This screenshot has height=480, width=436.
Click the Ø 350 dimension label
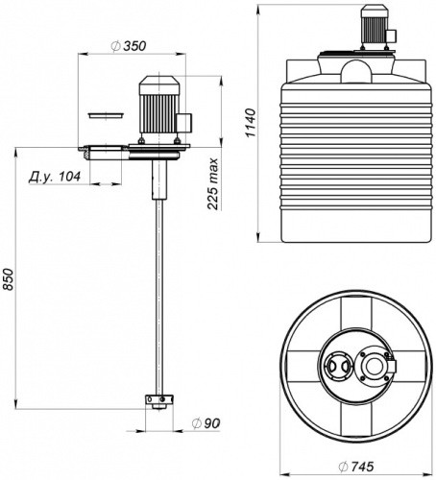[129, 46]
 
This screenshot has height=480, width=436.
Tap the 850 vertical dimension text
[8, 279]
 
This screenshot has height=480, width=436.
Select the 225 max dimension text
[212, 183]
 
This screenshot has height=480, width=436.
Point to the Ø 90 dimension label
[206, 423]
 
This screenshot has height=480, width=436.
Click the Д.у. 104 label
[55, 177]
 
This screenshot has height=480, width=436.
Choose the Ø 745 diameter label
[356, 467]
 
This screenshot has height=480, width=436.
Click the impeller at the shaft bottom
[159, 401]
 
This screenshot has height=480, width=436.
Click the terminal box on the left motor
[184, 123]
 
